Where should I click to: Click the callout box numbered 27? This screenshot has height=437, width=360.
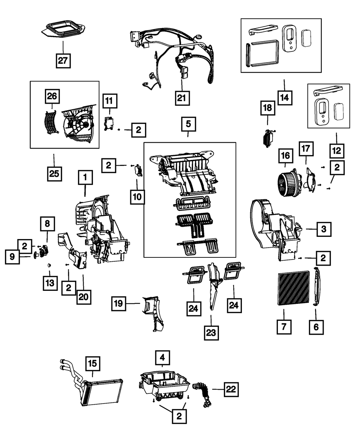[x=63, y=60]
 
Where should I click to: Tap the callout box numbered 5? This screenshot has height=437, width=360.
[x=188, y=125]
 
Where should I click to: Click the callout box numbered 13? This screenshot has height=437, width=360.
[x=49, y=283]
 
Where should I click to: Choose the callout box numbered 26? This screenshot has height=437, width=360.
[x=52, y=96]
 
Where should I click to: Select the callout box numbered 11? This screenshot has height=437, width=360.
[x=110, y=101]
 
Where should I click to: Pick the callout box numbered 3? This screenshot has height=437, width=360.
[x=324, y=228]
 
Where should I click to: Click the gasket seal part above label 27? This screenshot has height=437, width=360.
[x=63, y=29]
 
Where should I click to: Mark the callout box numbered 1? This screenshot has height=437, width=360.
[x=85, y=178]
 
